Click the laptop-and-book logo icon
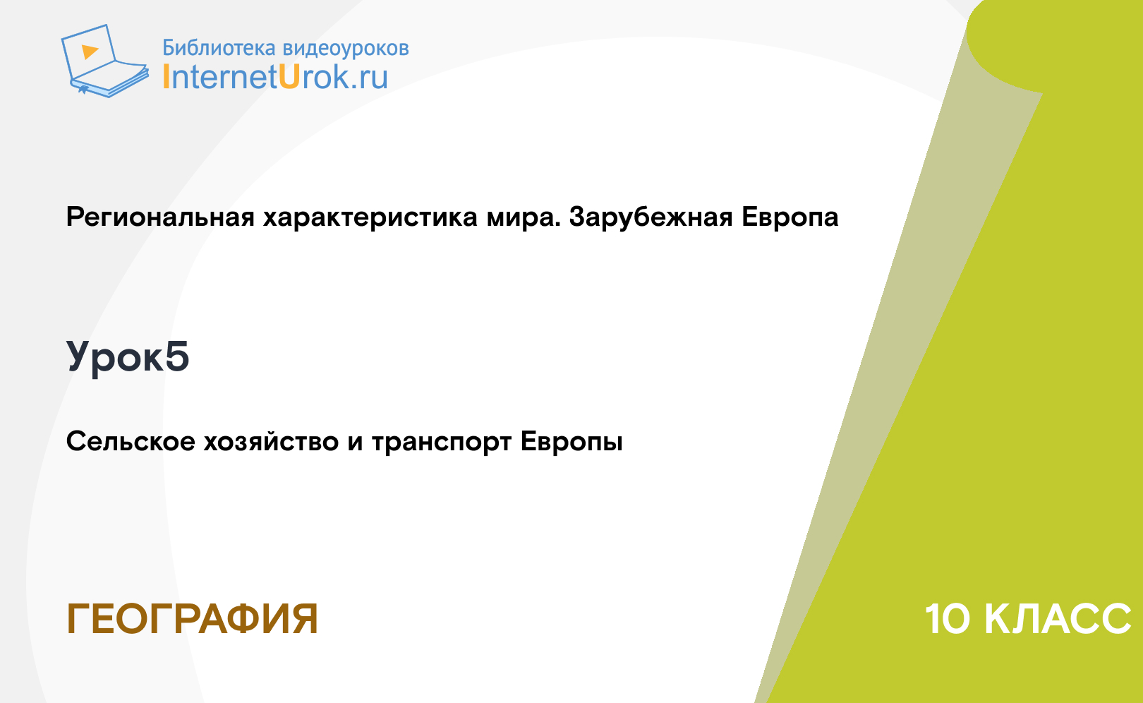click(x=105, y=61)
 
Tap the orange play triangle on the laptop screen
click(x=90, y=52)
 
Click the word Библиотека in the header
click(x=219, y=47)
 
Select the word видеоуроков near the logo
click(x=346, y=49)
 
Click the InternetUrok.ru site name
click(x=275, y=76)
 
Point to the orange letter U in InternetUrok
click(x=289, y=76)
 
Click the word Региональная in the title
click(x=160, y=217)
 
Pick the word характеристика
click(x=370, y=217)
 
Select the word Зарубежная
click(x=651, y=217)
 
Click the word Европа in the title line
click(x=790, y=217)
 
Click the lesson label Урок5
click(x=128, y=357)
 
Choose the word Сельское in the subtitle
click(x=131, y=441)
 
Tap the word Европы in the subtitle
click(x=571, y=442)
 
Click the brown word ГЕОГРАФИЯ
click(x=193, y=619)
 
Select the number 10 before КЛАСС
click(x=948, y=619)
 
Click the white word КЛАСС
click(x=1057, y=619)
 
